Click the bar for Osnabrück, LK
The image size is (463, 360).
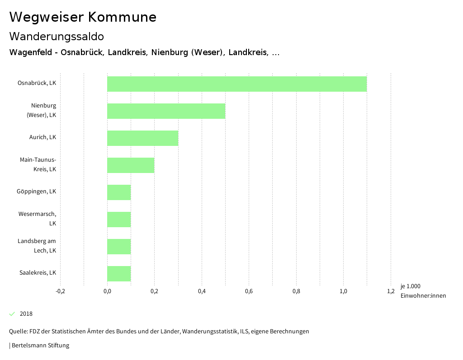click(x=237, y=84)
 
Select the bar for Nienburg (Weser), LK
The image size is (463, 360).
click(x=166, y=111)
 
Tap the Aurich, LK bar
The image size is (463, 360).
click(x=142, y=138)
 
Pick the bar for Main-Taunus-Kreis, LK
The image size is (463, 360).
click(x=131, y=165)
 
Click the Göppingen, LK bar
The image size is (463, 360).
click(x=119, y=192)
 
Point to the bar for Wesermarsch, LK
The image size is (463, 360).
click(x=119, y=220)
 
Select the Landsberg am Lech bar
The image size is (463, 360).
click(x=119, y=247)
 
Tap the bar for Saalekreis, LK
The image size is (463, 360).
click(x=119, y=274)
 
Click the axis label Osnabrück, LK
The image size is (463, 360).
click(x=37, y=83)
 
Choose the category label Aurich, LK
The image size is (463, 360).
click(x=43, y=137)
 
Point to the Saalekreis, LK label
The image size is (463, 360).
click(x=38, y=273)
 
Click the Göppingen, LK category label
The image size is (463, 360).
click(x=36, y=192)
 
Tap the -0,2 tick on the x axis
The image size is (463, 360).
click(x=60, y=291)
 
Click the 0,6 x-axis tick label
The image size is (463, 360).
click(x=249, y=291)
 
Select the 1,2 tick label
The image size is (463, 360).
click(x=391, y=291)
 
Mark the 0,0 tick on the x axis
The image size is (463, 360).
click(x=107, y=291)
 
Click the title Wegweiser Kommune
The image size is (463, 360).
click(x=83, y=17)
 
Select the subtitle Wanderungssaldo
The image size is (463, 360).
click(x=57, y=36)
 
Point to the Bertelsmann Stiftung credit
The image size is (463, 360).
click(x=40, y=346)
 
